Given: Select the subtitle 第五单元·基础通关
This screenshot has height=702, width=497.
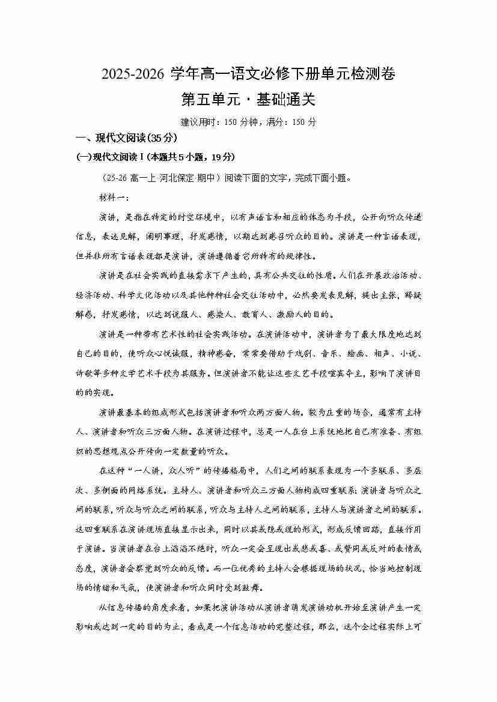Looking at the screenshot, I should pos(248,98).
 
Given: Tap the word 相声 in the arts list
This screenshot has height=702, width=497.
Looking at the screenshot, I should pos(365,354).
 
